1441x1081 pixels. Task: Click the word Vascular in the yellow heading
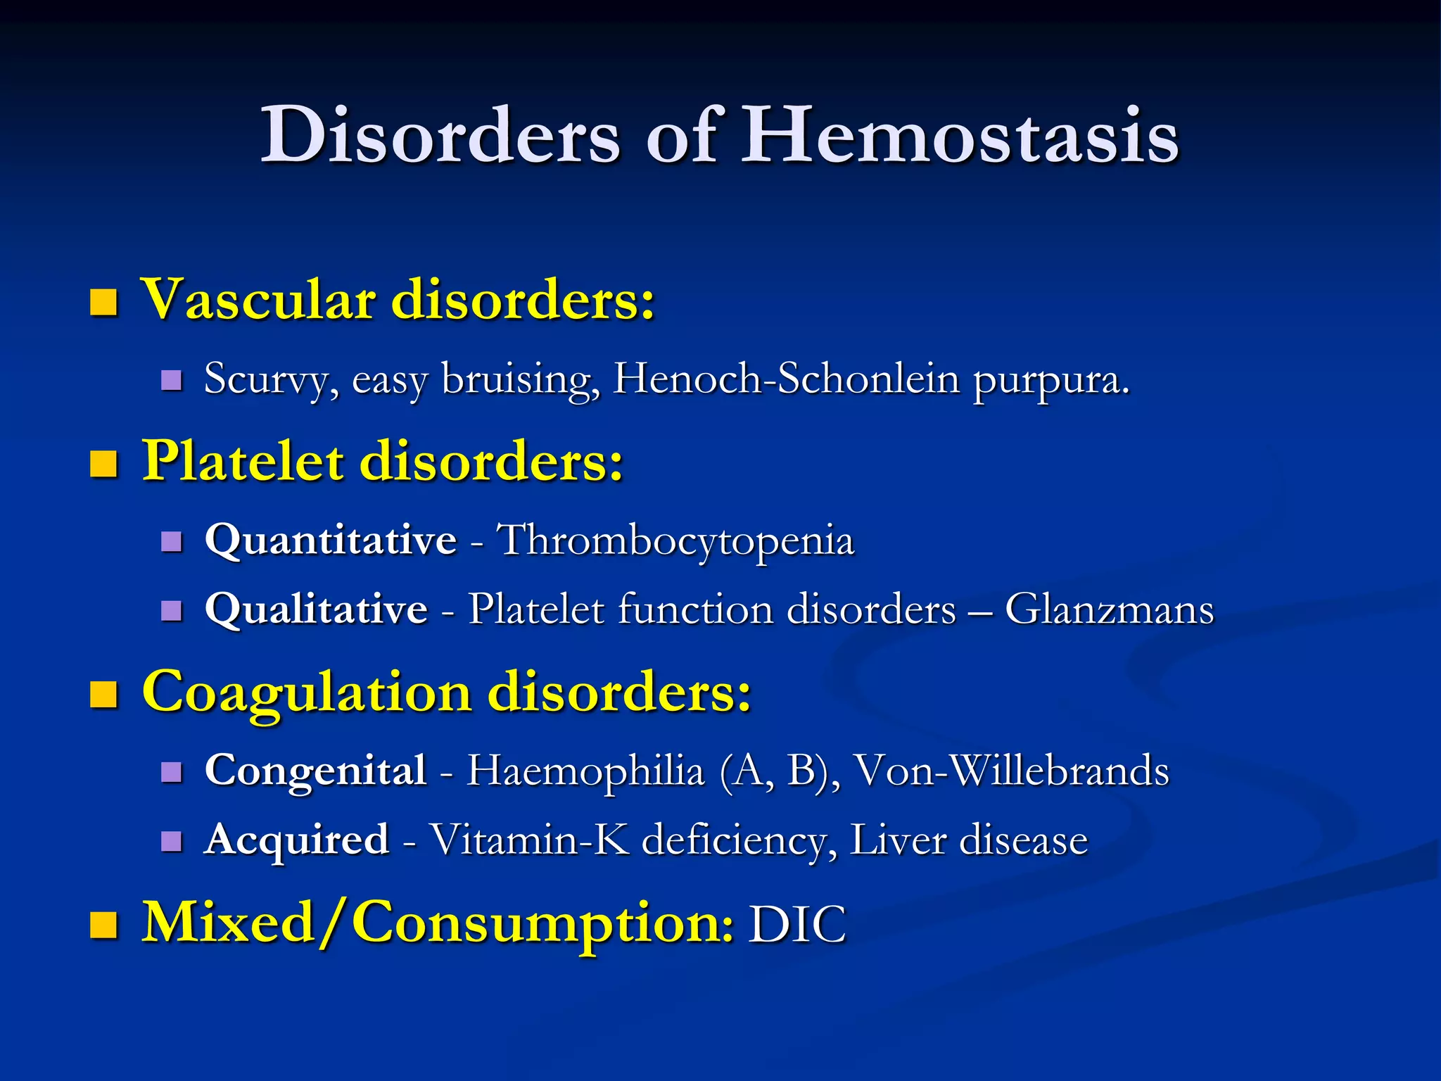tap(258, 300)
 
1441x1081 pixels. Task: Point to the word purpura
tap(1051, 380)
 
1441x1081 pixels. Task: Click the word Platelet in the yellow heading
tap(243, 462)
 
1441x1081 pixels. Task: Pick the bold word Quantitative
tap(331, 541)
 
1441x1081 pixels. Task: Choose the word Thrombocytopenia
tap(675, 541)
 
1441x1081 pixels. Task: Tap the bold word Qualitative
tap(316, 609)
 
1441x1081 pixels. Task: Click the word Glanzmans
tap(1109, 609)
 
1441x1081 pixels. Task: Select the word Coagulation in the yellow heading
tap(306, 693)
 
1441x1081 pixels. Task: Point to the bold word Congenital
tap(315, 770)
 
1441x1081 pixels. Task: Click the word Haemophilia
tap(585, 770)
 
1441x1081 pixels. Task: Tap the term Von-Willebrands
tap(1011, 770)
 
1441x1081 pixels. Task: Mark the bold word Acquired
tap(296, 840)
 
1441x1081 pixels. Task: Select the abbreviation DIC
tap(796, 924)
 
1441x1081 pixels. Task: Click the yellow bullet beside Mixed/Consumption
tap(104, 925)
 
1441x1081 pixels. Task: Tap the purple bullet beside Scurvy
tap(172, 381)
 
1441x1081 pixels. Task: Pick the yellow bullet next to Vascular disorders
tap(104, 302)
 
